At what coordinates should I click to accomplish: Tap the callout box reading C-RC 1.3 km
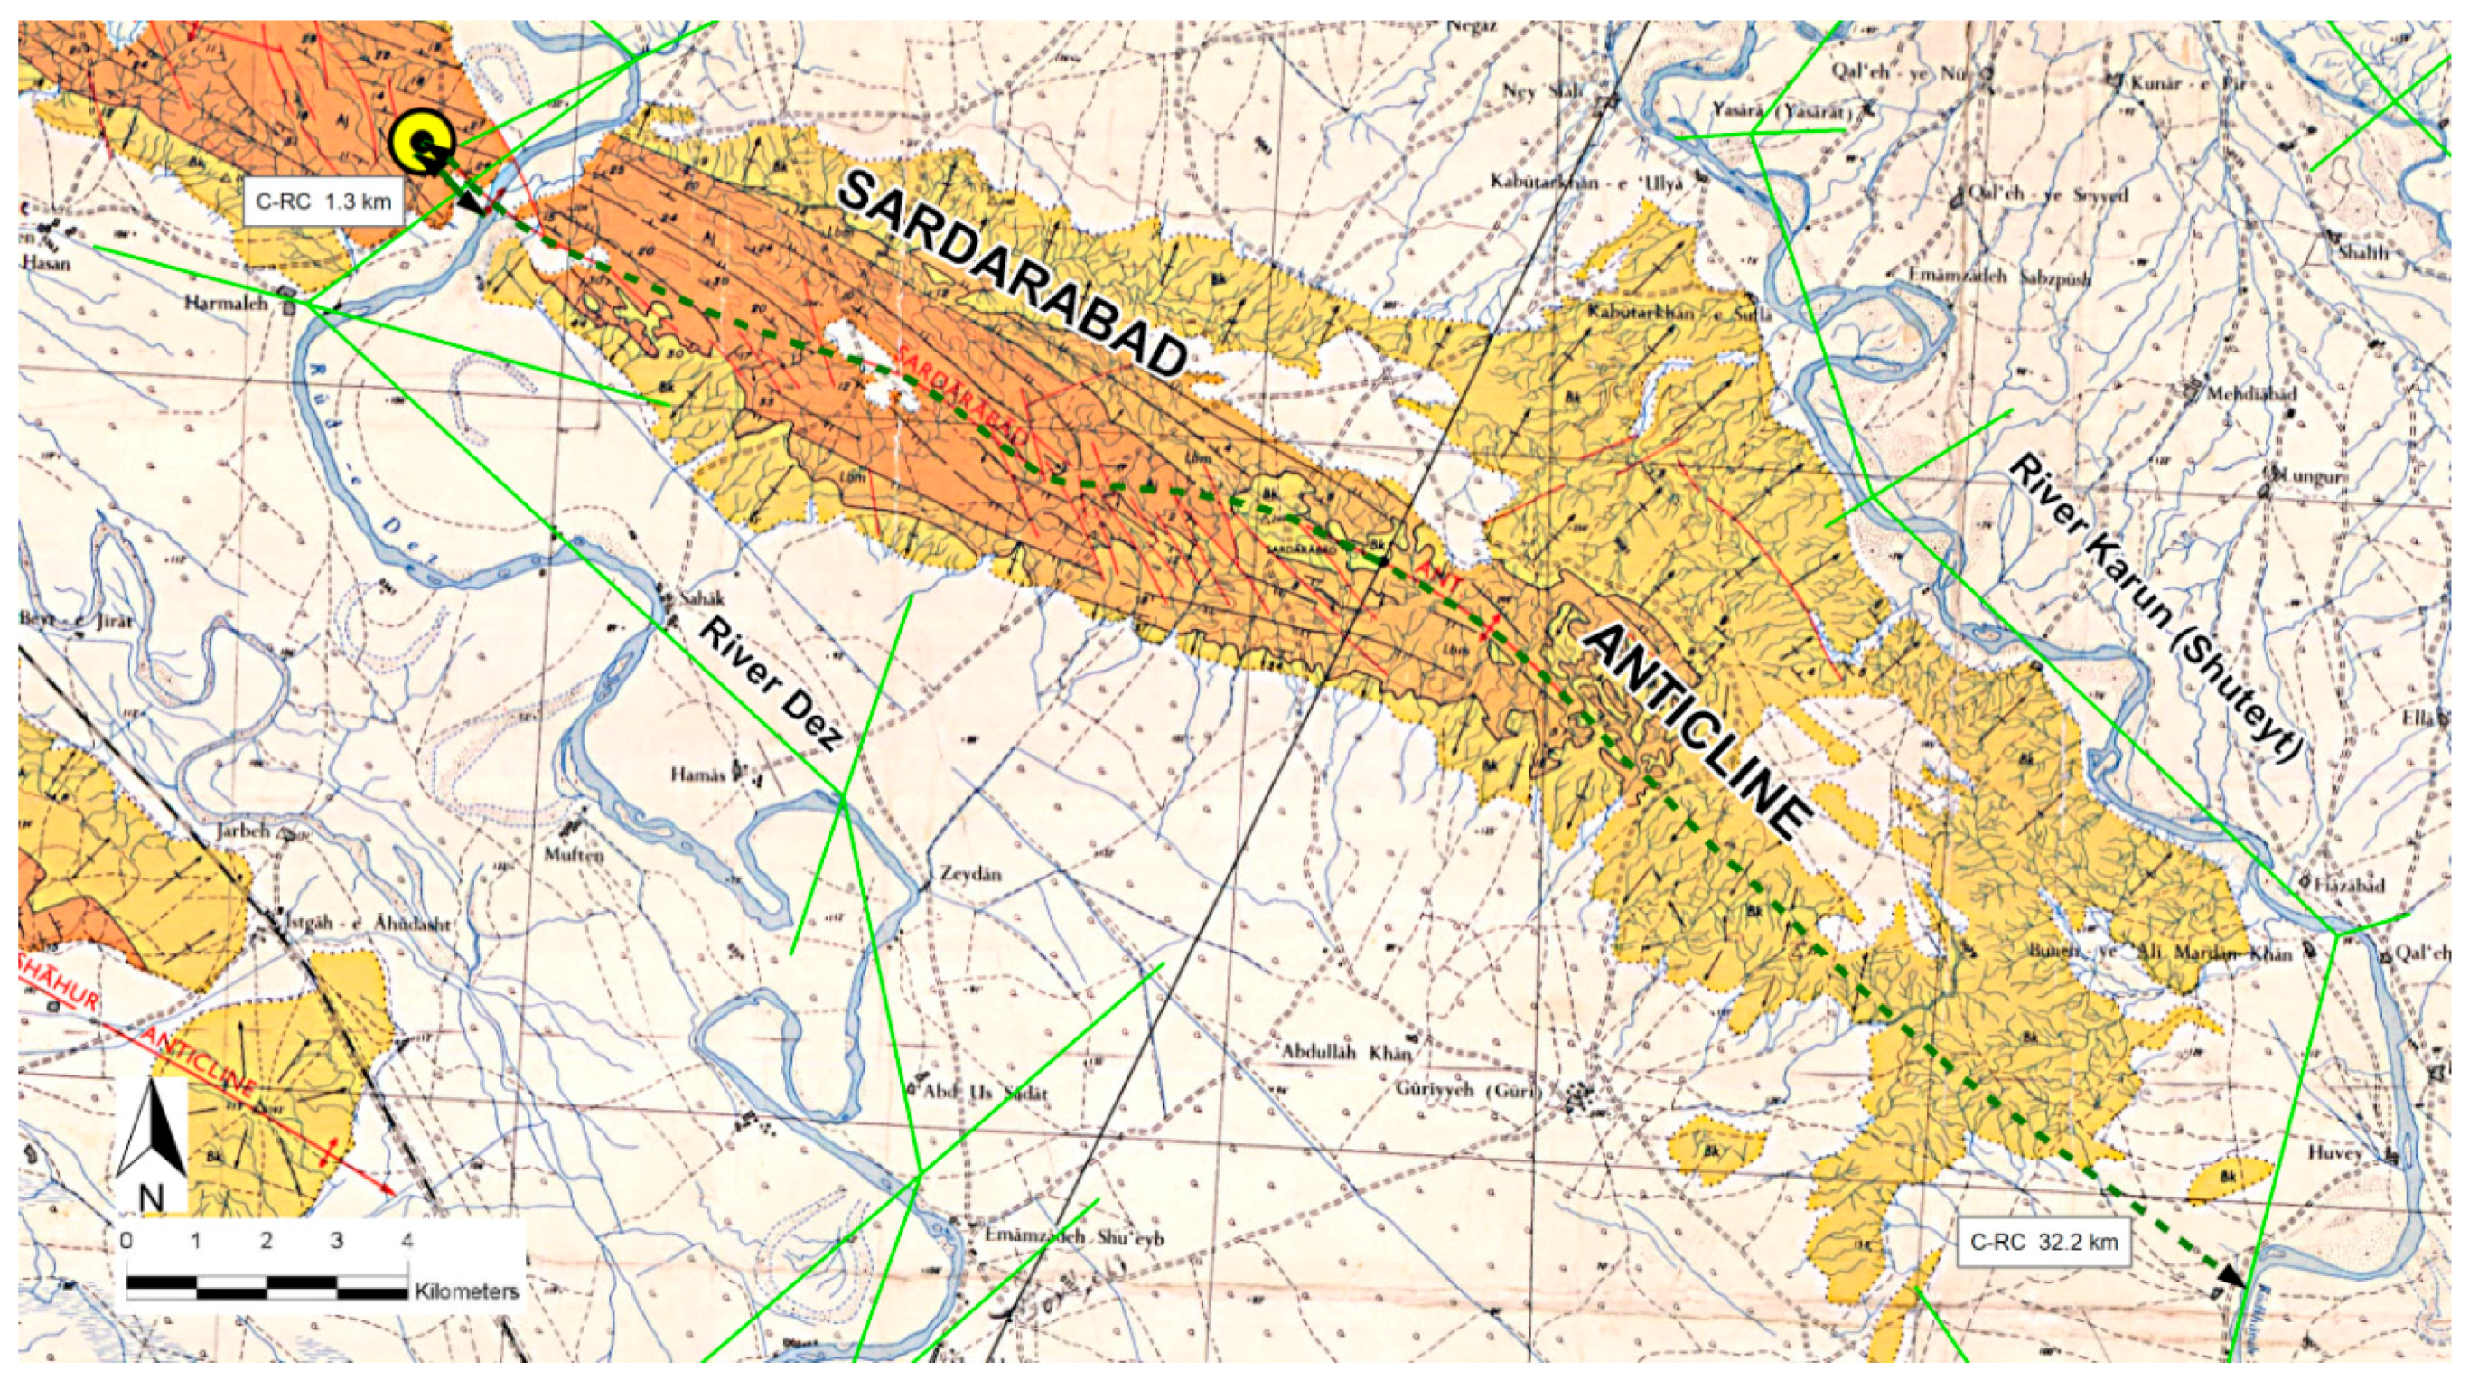[323, 202]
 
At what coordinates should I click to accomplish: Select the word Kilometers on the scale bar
[467, 1291]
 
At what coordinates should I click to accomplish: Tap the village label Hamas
[697, 774]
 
